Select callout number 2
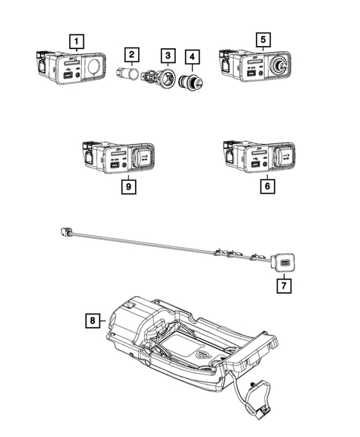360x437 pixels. [131, 54]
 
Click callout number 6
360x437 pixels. [265, 187]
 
